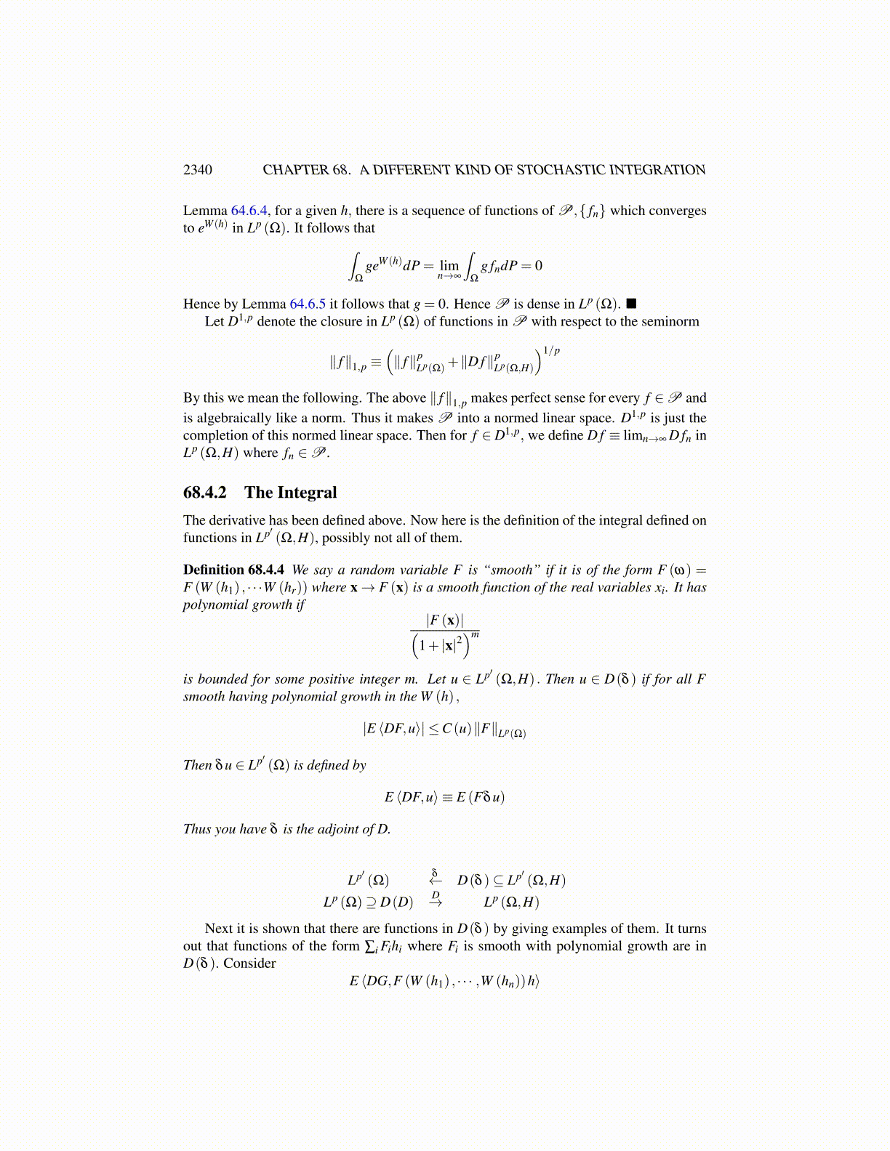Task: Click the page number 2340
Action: point(198,170)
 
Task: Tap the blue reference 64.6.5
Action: point(308,304)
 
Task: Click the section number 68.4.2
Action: point(204,493)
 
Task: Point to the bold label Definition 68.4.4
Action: point(233,570)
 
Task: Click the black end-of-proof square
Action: point(631,304)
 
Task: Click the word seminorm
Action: point(671,321)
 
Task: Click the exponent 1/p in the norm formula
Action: point(552,350)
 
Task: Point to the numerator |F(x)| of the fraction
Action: point(444,620)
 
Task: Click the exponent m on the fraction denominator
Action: point(475,635)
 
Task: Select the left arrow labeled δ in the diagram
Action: point(435,878)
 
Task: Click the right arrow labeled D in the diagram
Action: point(436,900)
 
